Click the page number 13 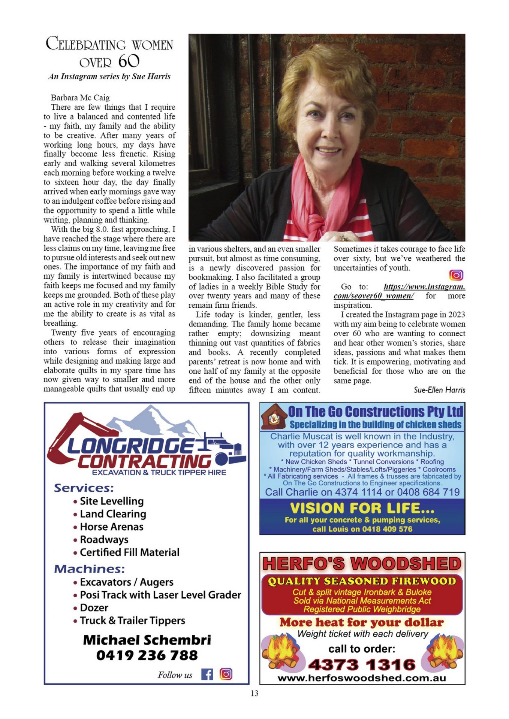(254, 693)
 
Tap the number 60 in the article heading (129, 61)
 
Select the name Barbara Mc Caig (80, 98)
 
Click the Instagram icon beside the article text (456, 275)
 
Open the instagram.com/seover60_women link (399, 291)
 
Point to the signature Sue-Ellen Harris (439, 390)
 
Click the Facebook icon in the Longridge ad (207, 674)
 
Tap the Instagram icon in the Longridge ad (226, 674)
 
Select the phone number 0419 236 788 (147, 655)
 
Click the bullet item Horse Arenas (112, 527)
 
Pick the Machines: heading (90, 569)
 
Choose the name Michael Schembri (147, 640)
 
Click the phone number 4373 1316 (362, 665)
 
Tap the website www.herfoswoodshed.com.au (362, 678)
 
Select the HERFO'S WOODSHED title (362, 564)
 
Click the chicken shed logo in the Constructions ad (274, 416)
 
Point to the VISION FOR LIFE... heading (362, 508)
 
